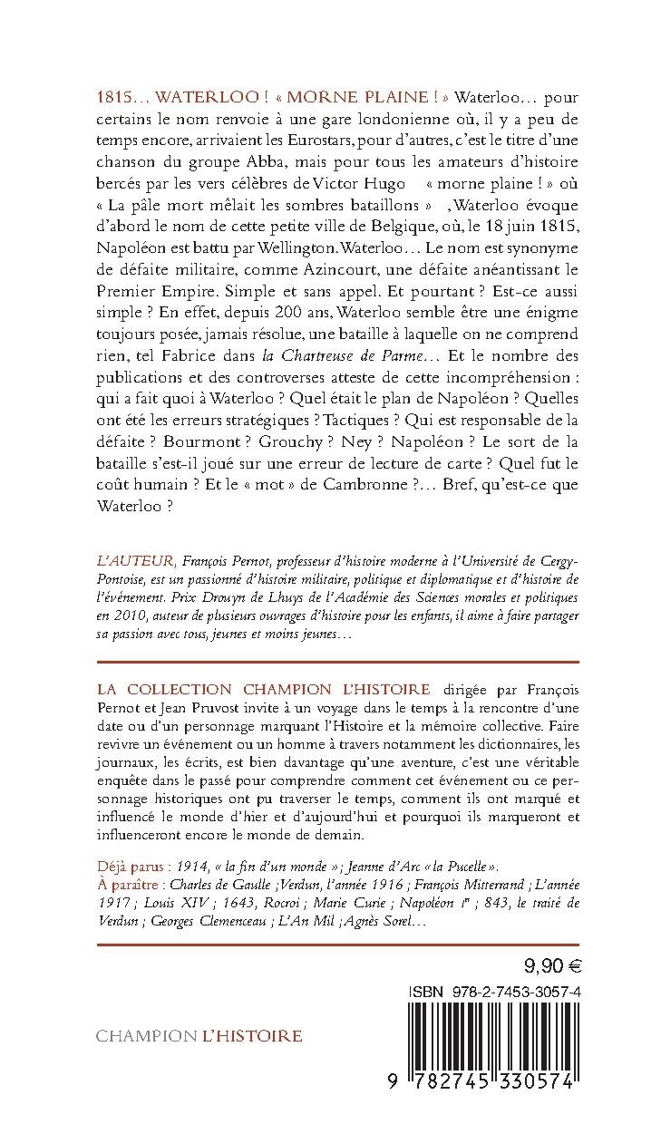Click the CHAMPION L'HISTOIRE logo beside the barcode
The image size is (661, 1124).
[199, 1035]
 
